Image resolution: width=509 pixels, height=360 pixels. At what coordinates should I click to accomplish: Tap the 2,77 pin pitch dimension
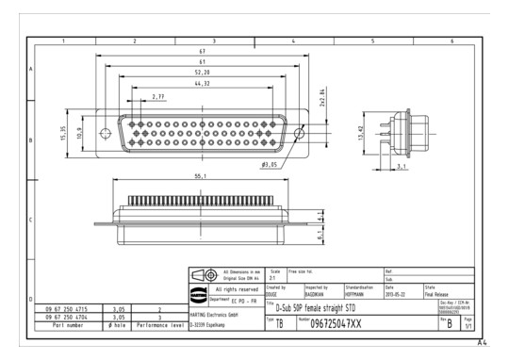(158, 97)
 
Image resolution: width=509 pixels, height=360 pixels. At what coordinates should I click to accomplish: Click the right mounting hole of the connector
(299, 134)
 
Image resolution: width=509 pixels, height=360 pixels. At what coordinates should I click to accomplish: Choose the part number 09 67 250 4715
(72, 306)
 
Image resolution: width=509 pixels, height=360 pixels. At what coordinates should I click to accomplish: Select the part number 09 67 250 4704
(72, 316)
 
